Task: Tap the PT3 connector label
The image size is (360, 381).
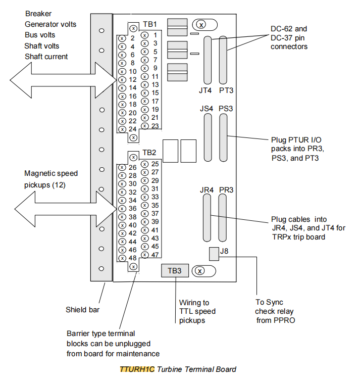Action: click(226, 91)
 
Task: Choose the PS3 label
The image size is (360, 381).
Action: click(226, 108)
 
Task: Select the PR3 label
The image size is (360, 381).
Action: click(226, 190)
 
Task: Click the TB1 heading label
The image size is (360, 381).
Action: click(150, 24)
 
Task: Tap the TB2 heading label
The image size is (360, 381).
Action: click(150, 152)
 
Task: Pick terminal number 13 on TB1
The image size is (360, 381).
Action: click(155, 84)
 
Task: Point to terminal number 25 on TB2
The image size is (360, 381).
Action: click(155, 164)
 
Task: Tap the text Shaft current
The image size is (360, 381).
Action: click(46, 57)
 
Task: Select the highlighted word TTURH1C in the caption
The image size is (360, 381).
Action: click(137, 369)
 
